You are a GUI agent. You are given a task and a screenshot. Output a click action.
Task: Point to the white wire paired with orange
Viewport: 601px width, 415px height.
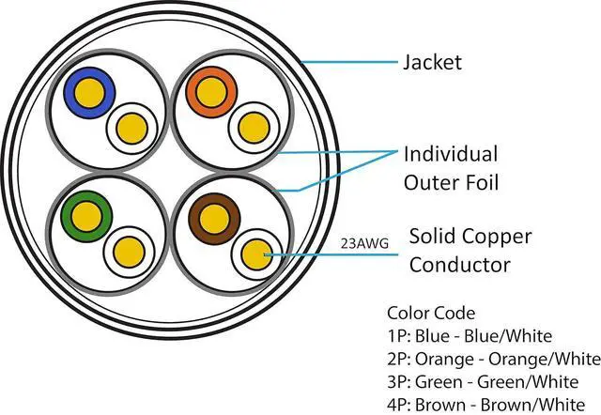pos(251,125)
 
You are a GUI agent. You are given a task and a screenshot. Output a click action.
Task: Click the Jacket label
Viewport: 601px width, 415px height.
pos(432,63)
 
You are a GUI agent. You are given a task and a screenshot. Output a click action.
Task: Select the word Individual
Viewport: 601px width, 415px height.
pos(451,153)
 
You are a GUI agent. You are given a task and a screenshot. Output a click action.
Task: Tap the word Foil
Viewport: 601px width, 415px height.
pos(477,181)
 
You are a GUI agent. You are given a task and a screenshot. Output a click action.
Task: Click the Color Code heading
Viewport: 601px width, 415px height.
pos(430,313)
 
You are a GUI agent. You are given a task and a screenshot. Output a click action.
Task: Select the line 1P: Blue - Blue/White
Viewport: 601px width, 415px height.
pos(469,335)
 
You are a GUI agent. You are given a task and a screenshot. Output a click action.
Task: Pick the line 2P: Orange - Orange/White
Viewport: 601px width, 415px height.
pos(492,358)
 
